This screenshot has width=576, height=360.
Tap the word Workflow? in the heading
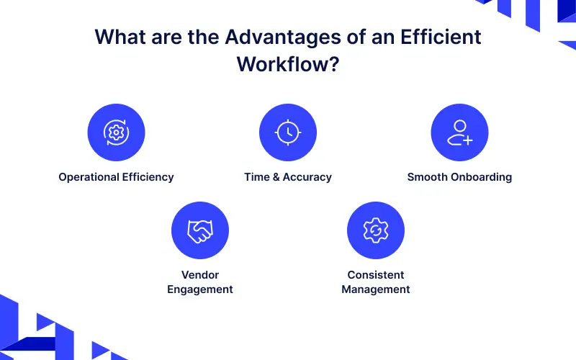[288, 64]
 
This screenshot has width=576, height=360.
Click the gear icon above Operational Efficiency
[116, 132]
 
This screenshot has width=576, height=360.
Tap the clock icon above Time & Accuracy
[288, 132]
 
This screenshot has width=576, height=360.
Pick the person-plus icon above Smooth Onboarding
[459, 132]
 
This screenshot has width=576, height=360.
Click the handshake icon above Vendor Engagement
[200, 230]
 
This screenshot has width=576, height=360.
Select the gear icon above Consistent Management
[376, 230]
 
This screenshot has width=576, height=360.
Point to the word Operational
[89, 177]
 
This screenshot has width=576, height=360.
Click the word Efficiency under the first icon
[148, 177]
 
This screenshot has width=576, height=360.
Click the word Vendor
[200, 275]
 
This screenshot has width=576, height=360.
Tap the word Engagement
[200, 289]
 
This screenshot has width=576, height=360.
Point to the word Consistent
[376, 275]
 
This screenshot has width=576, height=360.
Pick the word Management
[376, 289]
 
